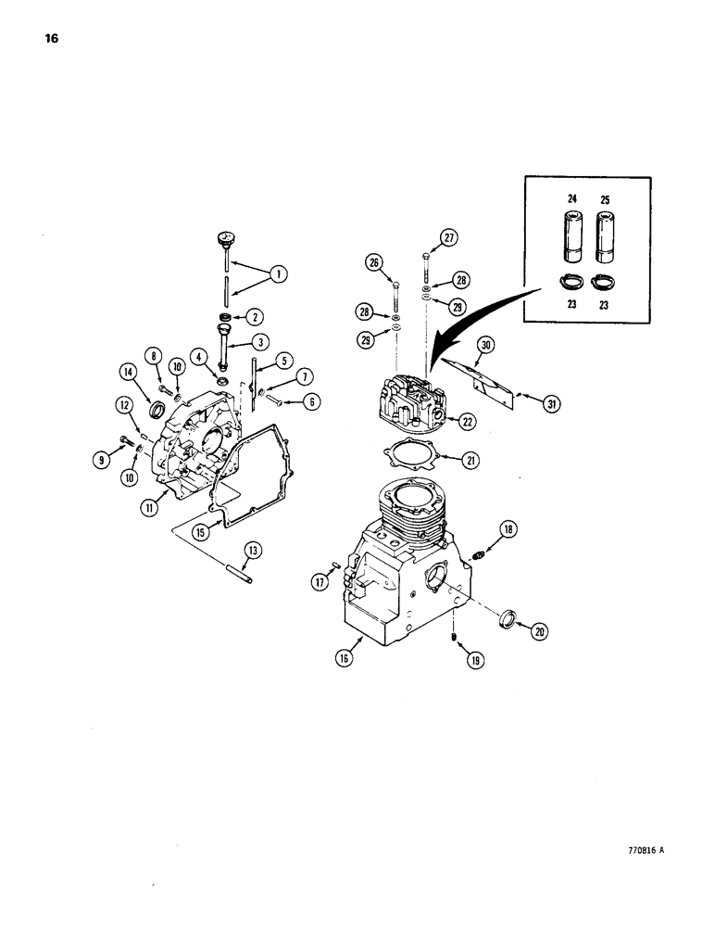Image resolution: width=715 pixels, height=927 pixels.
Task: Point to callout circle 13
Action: tap(255, 552)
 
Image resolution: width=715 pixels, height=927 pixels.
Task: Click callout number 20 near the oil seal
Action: tap(538, 631)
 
